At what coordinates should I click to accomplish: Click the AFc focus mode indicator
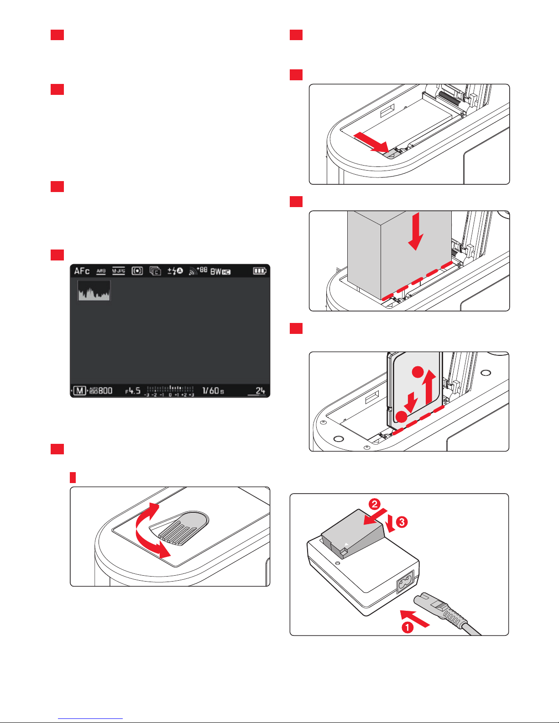(x=82, y=271)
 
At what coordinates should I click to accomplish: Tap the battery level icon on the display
(x=259, y=271)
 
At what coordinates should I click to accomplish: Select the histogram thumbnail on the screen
(x=94, y=291)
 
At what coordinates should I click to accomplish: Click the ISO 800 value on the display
(x=101, y=390)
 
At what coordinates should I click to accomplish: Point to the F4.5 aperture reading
(x=133, y=390)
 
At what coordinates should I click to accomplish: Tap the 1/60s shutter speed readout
(x=213, y=390)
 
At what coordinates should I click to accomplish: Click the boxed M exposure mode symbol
(x=80, y=390)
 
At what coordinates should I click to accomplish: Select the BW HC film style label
(x=220, y=271)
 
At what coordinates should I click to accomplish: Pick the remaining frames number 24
(x=260, y=390)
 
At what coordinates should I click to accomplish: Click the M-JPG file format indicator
(x=119, y=271)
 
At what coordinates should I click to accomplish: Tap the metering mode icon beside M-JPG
(x=137, y=271)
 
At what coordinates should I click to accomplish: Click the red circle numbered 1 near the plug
(x=407, y=627)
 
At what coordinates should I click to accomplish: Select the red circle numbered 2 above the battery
(x=374, y=504)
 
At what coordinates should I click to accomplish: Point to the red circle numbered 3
(x=402, y=522)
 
